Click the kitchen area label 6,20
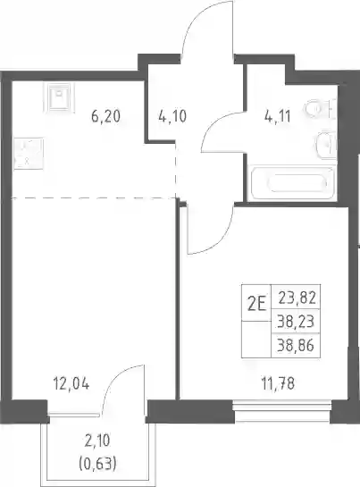[x=105, y=117]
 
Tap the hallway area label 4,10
[x=172, y=117]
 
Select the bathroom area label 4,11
[x=278, y=117]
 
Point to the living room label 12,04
[x=71, y=384]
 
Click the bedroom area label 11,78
[x=278, y=384]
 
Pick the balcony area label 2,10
[x=97, y=441]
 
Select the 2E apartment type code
[x=257, y=305]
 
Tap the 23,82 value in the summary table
[x=297, y=298]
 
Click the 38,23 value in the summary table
[x=296, y=322]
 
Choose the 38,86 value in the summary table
[x=296, y=345]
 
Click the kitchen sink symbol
[x=62, y=97]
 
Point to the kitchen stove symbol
[x=29, y=154]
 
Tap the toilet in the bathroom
[x=320, y=109]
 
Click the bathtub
[x=293, y=183]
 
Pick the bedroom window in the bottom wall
[x=282, y=411]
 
